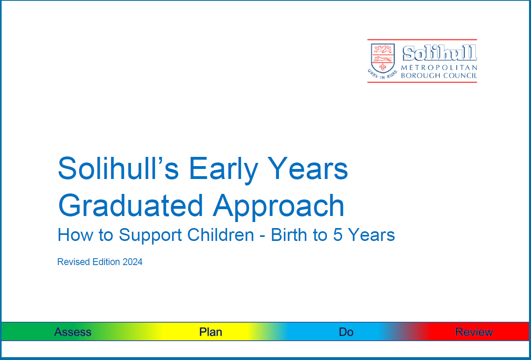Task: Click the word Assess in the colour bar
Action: (73, 332)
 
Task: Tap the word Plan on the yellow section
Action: (211, 332)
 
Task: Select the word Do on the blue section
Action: (346, 332)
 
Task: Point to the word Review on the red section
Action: (474, 332)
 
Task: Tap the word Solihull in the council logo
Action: (439, 53)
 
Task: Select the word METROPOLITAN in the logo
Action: (439, 67)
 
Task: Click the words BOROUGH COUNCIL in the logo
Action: (439, 76)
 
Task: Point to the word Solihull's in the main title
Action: (118, 169)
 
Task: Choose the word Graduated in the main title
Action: (131, 206)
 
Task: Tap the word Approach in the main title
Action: (279, 206)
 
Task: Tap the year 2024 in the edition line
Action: (132, 262)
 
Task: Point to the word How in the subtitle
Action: (72, 235)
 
